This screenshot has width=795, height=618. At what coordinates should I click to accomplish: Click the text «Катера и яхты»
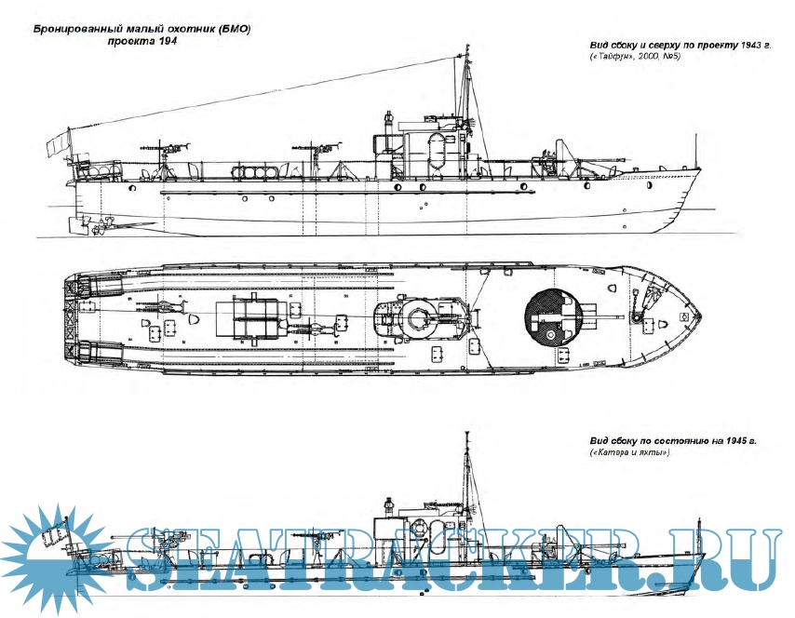pyautogui.click(x=630, y=452)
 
